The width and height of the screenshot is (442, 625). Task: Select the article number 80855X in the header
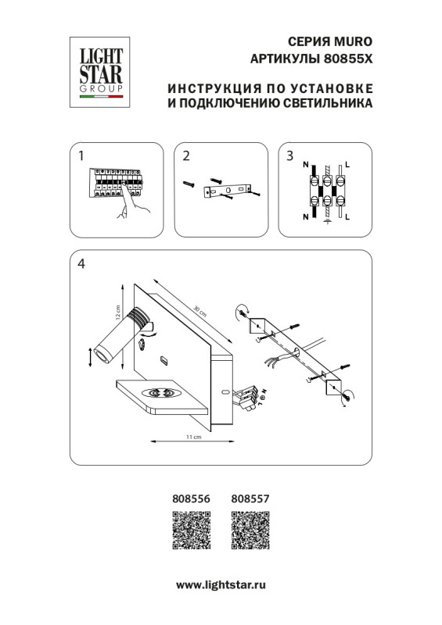coord(349,59)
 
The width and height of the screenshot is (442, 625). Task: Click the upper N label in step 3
coord(305,166)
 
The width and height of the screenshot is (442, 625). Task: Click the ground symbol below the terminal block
coord(326,223)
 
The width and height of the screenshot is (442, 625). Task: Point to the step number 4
coord(81,264)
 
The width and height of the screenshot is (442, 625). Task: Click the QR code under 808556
coord(191,533)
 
